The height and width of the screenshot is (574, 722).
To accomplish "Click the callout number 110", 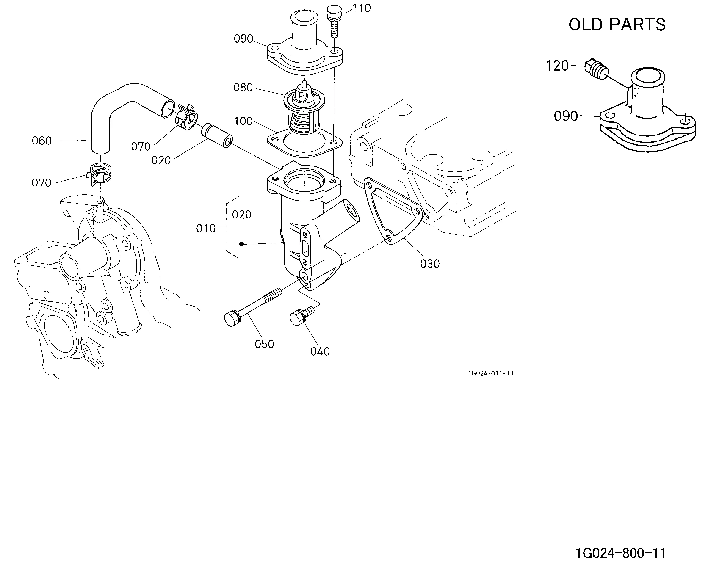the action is [x=361, y=8].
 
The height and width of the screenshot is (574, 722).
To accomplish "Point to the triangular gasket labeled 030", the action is [x=393, y=211].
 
